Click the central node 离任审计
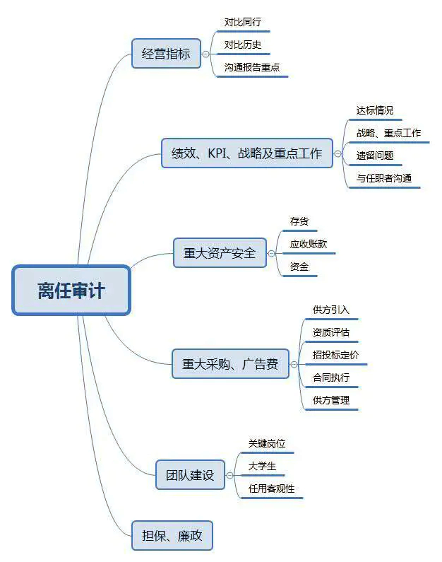[x=71, y=290]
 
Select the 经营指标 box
[x=166, y=53]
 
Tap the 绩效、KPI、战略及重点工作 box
[x=246, y=153]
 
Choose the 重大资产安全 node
[x=220, y=252]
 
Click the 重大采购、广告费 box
[x=230, y=364]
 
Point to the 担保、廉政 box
[x=172, y=535]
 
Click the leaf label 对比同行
[x=242, y=23]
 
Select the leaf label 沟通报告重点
[x=252, y=68]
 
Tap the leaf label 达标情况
[x=375, y=110]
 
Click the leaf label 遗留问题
[x=375, y=156]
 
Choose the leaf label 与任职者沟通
[x=384, y=178]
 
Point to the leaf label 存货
[x=299, y=221]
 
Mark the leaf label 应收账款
[x=309, y=244]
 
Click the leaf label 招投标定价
[x=335, y=355]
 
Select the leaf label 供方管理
[x=331, y=400]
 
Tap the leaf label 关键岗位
[x=267, y=443]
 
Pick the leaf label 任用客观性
[x=272, y=488]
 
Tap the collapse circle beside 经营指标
[x=205, y=54]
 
